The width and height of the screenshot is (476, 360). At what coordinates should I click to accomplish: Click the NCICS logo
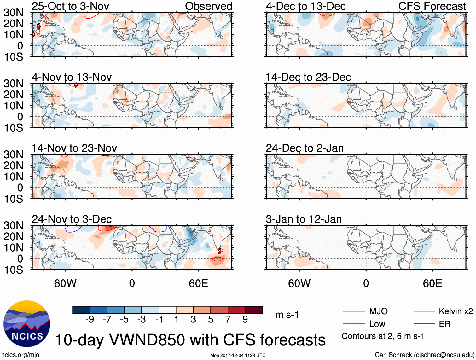pos(26,324)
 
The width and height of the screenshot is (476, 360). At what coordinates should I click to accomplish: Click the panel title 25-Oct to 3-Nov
pos(70,6)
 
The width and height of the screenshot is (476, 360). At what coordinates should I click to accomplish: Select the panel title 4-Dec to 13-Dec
pos(305,6)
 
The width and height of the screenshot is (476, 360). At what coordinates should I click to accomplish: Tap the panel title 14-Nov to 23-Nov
pos(74,148)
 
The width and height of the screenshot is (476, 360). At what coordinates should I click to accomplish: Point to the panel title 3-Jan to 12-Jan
pos(304,219)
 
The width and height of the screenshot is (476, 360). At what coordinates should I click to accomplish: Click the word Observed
pos(208,6)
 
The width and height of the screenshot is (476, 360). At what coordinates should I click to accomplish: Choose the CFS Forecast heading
pos(432,6)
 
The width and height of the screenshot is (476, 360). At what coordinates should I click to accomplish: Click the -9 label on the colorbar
pos(90,320)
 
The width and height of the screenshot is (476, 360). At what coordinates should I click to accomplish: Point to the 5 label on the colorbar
pos(210,320)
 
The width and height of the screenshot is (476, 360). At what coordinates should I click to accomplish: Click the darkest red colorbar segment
pos(254,310)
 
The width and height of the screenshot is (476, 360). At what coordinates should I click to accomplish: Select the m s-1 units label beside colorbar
pos(287,315)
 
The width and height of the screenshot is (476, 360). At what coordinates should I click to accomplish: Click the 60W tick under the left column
pos(65,283)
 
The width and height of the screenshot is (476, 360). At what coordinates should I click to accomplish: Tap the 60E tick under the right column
pos(432,283)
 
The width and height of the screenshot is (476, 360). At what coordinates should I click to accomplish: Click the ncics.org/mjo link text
pos(20,355)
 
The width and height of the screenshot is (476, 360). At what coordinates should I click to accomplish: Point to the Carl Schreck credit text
pos(424,355)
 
